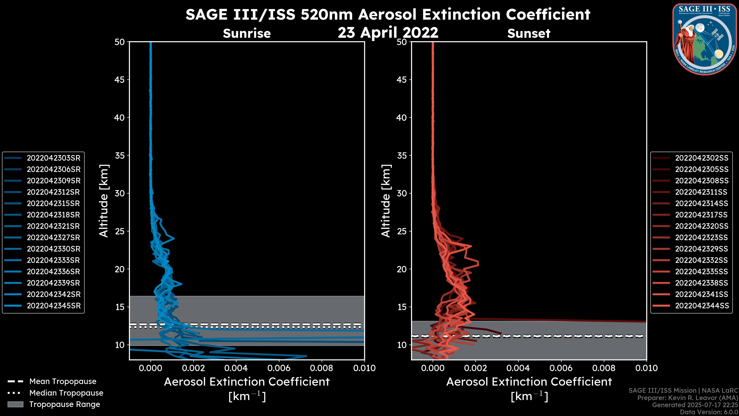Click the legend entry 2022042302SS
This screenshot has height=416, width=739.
(x=701, y=158)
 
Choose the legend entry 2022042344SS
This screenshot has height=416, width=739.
(x=701, y=306)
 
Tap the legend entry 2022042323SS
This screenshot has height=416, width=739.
(x=701, y=237)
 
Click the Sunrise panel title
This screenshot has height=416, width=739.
(x=247, y=34)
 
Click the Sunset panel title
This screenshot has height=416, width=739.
(x=529, y=34)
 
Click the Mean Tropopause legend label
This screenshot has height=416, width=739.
(x=63, y=381)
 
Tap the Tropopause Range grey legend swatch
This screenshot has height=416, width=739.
(x=15, y=404)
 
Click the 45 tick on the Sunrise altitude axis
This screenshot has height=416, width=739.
(x=120, y=80)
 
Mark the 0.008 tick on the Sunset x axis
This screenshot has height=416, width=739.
(x=604, y=368)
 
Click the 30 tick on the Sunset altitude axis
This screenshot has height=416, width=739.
(x=402, y=193)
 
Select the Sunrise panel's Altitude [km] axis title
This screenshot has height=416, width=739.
(x=104, y=201)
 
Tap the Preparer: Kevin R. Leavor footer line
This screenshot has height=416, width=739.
(x=687, y=398)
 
